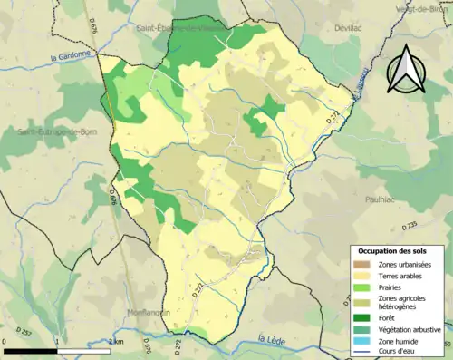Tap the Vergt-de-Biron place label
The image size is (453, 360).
pos(422,8)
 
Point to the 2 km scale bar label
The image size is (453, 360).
pos(115,341)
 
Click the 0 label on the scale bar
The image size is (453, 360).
pos(5,341)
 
